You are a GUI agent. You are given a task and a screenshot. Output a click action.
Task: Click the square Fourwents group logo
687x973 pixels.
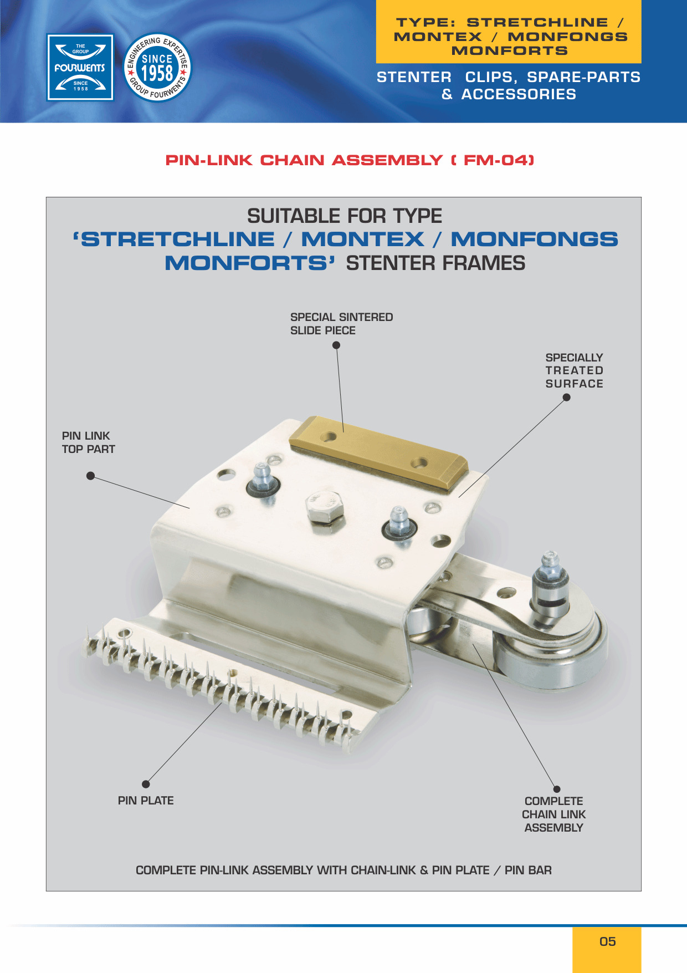[80, 68]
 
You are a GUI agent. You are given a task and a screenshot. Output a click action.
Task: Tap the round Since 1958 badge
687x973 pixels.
[157, 68]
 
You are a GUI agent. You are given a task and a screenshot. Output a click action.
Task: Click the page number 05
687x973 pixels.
[608, 941]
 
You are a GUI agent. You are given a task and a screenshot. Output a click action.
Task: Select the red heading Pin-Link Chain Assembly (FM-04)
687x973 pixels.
[350, 160]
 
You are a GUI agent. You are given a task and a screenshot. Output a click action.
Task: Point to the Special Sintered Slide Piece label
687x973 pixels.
[341, 324]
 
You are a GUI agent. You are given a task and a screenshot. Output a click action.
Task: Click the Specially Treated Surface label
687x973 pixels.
[575, 370]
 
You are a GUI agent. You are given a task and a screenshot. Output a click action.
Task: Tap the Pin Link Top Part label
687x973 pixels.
[88, 442]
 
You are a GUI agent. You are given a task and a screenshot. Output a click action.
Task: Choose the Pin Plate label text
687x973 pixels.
[146, 801]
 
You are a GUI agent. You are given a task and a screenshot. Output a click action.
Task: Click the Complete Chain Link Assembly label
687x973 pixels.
[554, 814]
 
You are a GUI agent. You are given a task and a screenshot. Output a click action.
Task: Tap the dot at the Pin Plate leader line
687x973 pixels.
[146, 784]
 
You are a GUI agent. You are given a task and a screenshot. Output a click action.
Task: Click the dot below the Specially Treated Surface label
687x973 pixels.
[567, 397]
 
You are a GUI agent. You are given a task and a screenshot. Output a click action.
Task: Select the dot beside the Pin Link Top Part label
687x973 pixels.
[91, 476]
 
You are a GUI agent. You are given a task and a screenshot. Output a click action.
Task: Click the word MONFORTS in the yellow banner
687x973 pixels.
[510, 51]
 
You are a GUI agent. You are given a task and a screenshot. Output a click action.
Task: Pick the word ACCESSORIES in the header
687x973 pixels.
[519, 94]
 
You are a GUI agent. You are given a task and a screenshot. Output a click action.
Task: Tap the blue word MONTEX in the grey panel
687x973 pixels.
[363, 240]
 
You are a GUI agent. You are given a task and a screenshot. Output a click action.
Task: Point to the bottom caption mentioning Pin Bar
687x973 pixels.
[343, 870]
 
